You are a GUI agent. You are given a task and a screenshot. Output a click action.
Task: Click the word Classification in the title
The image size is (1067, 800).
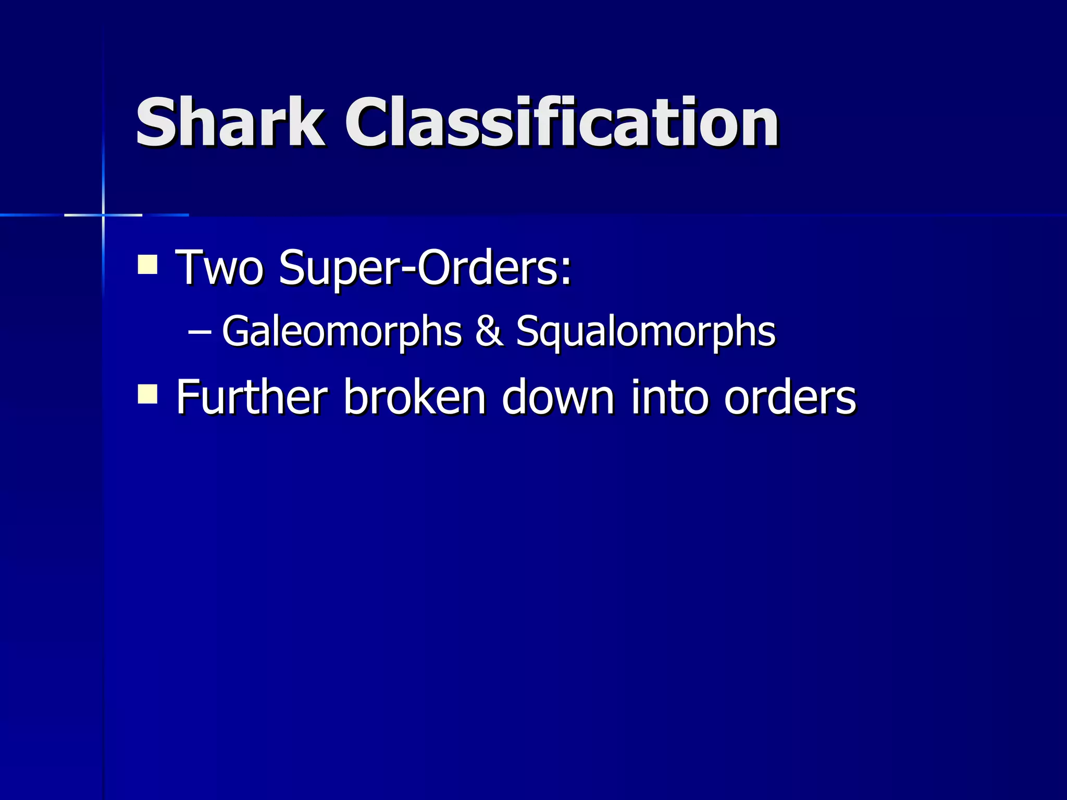tap(562, 123)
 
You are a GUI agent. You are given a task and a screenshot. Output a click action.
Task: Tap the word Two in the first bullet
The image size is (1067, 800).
tap(219, 268)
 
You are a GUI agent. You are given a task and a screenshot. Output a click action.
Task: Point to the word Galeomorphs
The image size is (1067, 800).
tap(342, 332)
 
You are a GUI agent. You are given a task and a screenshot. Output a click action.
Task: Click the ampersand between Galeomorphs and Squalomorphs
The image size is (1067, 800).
tap(489, 332)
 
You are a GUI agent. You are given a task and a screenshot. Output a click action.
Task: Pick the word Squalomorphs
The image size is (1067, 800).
tap(646, 332)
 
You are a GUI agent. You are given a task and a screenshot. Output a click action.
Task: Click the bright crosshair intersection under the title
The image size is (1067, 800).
tap(103, 215)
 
